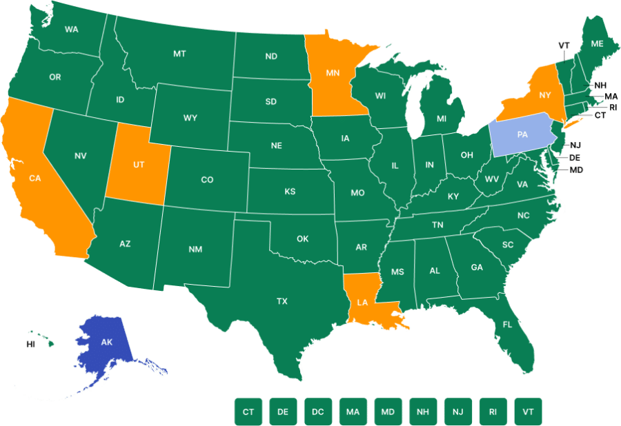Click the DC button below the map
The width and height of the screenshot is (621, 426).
(x=317, y=412)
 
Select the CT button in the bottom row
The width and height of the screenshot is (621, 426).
(x=248, y=412)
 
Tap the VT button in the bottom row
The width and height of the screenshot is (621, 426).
(x=528, y=412)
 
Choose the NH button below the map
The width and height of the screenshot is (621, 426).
(x=423, y=412)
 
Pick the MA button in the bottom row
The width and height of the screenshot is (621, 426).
(x=353, y=412)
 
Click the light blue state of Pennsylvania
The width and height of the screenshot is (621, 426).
(x=522, y=135)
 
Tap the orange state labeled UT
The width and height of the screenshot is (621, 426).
(x=138, y=165)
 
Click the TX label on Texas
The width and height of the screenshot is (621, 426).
(x=282, y=301)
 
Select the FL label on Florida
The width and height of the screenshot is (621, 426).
(x=507, y=324)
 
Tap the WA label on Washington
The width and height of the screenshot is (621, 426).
(x=71, y=30)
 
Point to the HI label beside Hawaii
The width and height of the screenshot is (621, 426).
(x=30, y=343)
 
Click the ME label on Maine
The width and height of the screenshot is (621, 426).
(x=597, y=43)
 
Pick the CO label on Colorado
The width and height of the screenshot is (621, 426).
(x=207, y=180)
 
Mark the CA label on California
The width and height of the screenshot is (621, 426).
(x=34, y=178)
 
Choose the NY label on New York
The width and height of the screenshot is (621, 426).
(x=545, y=94)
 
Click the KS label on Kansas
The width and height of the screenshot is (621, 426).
(x=290, y=191)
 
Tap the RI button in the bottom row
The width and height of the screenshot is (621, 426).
(x=493, y=412)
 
